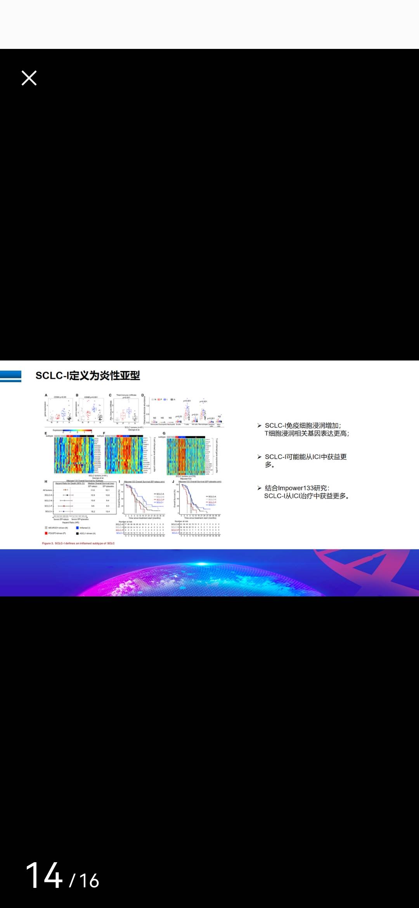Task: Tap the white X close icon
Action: pos(29,78)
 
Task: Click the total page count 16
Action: pos(90,881)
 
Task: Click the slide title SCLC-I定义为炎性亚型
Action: pos(88,376)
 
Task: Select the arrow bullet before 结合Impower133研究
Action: pos(259,488)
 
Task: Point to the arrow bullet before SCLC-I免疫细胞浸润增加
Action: pos(259,426)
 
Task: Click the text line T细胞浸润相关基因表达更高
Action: pos(306,433)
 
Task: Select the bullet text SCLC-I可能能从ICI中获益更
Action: pos(305,457)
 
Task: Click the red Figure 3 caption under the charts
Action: pos(78,543)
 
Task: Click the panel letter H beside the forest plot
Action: pos(46,482)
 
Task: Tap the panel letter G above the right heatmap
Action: pos(164,433)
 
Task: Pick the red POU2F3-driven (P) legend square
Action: pos(46,533)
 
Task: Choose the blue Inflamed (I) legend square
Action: pos(78,528)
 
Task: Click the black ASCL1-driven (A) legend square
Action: pos(78,533)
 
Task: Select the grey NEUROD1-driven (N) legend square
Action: pos(46,528)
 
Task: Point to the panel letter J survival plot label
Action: pos(173,482)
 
